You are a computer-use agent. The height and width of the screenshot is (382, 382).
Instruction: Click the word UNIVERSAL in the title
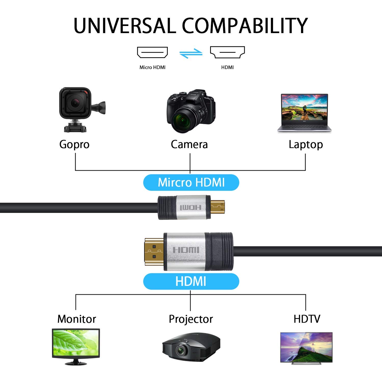(x=125, y=26)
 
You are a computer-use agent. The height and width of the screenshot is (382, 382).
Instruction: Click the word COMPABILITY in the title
(x=245, y=26)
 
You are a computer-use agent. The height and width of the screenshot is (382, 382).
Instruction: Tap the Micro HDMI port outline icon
(x=152, y=52)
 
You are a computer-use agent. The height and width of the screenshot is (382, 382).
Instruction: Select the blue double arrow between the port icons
(x=191, y=53)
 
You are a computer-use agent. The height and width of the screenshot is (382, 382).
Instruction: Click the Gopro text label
(x=74, y=144)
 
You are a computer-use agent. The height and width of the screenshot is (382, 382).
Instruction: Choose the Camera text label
(x=189, y=144)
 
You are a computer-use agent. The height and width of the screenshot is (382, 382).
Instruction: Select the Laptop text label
(x=306, y=145)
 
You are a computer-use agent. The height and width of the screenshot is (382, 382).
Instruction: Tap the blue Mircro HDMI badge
(x=191, y=182)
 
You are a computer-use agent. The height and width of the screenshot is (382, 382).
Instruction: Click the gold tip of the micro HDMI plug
(x=218, y=207)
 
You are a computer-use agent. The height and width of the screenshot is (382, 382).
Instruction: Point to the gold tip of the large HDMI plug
(x=154, y=251)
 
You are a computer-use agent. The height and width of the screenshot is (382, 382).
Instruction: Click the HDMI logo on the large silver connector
(x=186, y=250)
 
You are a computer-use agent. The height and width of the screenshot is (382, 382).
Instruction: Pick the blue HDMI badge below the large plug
(x=191, y=281)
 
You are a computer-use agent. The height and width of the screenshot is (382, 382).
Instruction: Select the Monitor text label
(x=77, y=319)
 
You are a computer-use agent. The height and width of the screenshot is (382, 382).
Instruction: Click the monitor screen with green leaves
(x=76, y=343)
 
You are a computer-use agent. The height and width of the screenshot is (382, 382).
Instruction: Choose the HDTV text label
(x=307, y=319)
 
